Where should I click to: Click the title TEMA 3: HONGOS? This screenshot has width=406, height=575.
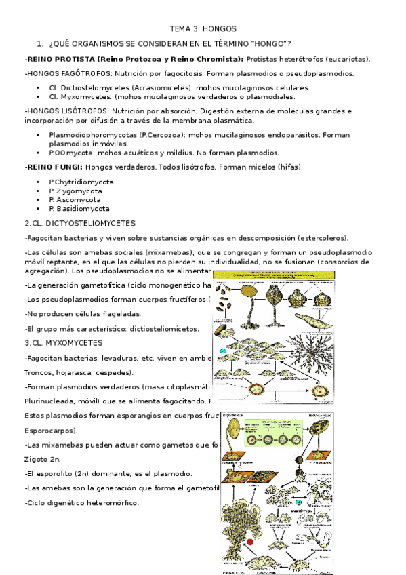pyautogui.click(x=203, y=30)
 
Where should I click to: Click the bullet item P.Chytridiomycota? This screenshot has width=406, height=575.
pyautogui.click(x=81, y=182)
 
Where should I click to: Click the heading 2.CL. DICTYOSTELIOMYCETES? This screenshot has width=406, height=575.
pyautogui.click(x=79, y=223)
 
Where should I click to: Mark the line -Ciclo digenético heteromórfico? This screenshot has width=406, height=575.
pyautogui.click(x=81, y=502)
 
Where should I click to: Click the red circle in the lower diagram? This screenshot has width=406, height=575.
pyautogui.click(x=249, y=542)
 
